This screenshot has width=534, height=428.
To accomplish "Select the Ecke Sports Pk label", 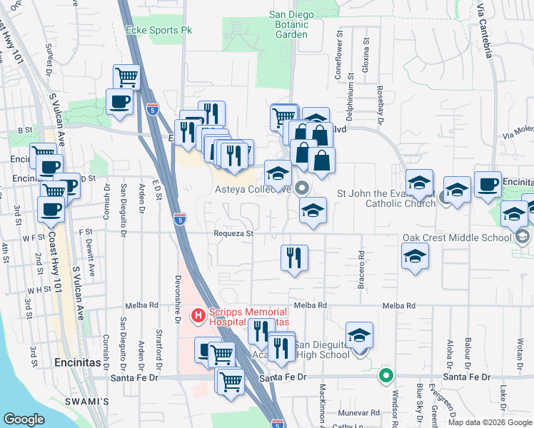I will click(x=159, y=30).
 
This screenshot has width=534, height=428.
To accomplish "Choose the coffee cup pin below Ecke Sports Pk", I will click(x=119, y=101).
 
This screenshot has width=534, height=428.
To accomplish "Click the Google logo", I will click(x=24, y=419).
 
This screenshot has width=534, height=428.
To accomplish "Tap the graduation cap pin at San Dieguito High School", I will click(x=360, y=334).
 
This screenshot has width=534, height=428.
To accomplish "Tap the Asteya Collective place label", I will click(x=253, y=190).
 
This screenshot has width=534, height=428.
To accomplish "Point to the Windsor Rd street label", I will click(x=395, y=407).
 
